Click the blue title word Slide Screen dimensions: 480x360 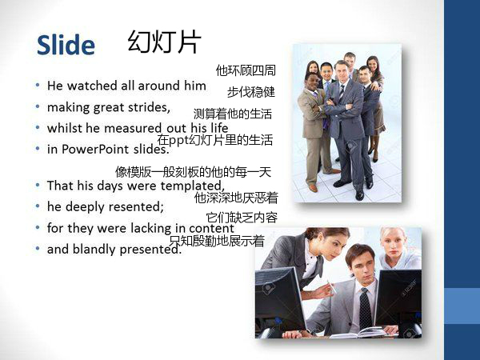(66, 45)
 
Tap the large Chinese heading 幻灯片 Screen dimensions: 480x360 (164, 42)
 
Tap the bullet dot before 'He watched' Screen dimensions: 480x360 (38, 86)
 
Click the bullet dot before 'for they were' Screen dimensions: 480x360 (38, 228)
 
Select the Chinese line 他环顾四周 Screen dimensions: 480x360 (246, 70)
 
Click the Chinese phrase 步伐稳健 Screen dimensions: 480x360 (251, 92)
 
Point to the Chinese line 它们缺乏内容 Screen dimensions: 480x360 (242, 218)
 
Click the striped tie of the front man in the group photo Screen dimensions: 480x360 (342, 92)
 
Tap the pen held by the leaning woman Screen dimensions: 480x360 (331, 287)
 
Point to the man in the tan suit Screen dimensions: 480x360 (314, 132)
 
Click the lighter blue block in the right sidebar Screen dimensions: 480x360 (462, 306)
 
